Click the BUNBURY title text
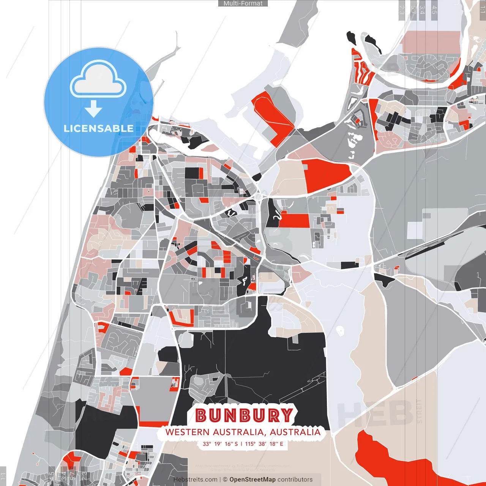pos(245,415)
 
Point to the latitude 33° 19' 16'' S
pos(220,444)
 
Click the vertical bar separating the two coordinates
pos(241,444)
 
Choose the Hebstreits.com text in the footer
pos(196,480)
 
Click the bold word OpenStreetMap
pos(252,480)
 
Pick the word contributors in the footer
pos(295,480)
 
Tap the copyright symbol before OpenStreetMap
pos(225,480)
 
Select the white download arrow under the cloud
pos(93,109)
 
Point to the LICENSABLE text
pos(99,128)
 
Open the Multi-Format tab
pos(243,3)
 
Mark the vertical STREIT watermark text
pos(419,411)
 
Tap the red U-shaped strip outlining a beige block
pos(181,319)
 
